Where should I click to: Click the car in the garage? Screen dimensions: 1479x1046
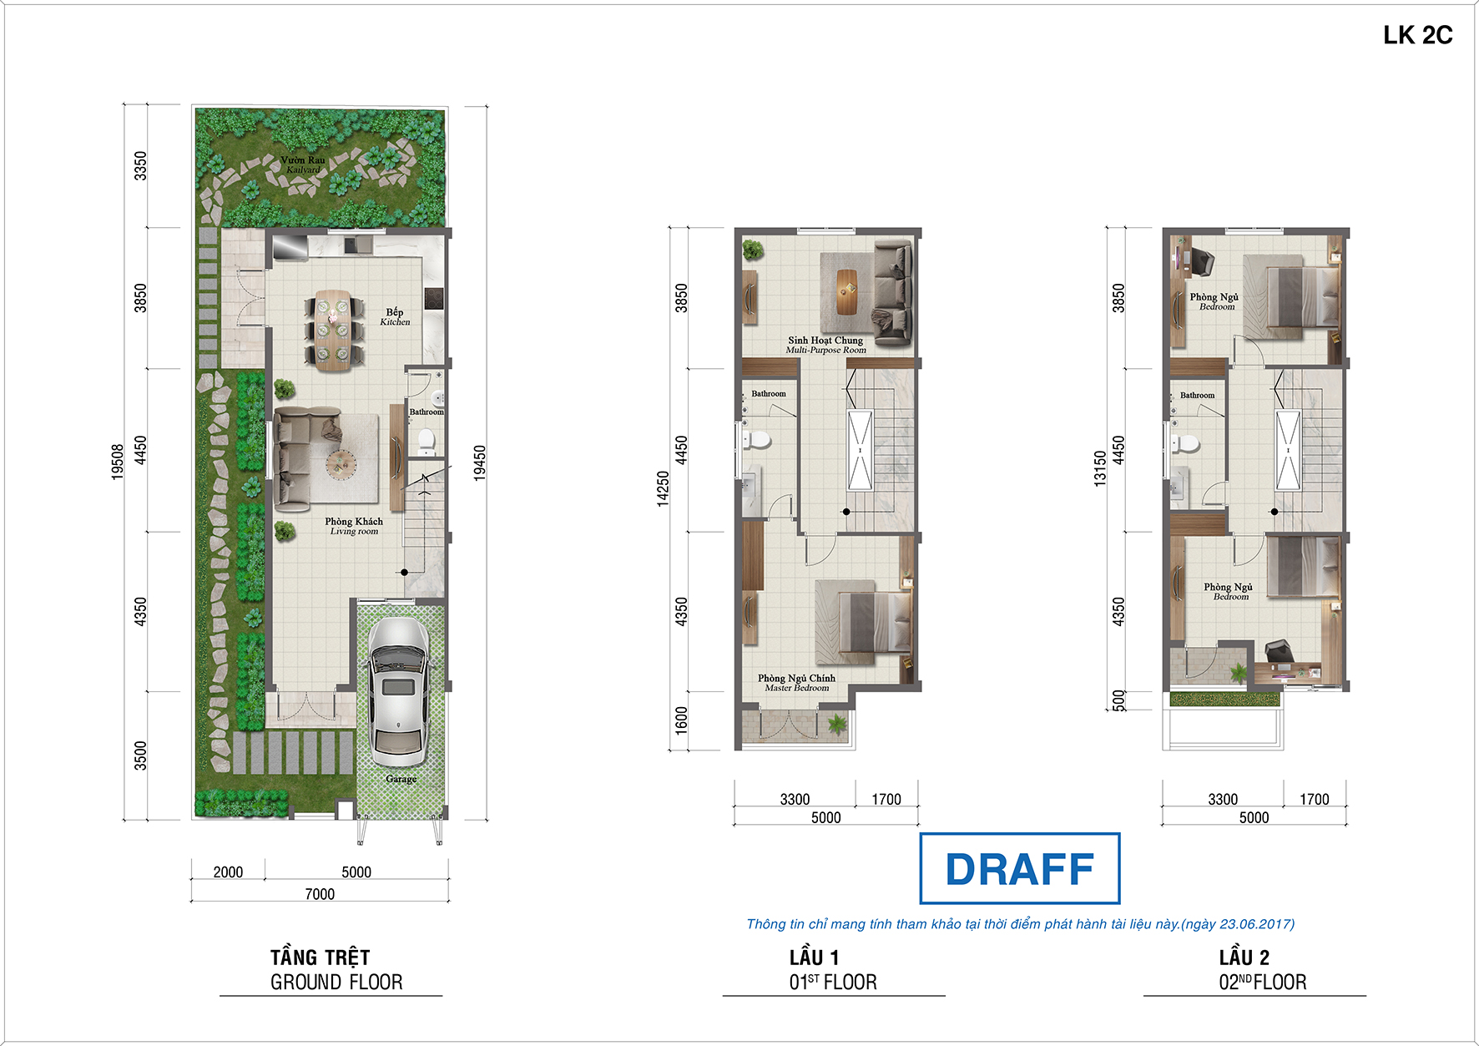[399, 692]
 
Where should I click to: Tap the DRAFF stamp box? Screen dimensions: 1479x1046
[1019, 868]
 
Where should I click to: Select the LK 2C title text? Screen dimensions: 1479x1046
[1417, 35]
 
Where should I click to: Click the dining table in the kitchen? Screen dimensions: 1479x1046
[334, 329]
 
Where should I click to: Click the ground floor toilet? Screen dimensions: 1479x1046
[426, 441]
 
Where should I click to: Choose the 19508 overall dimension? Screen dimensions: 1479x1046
[118, 462]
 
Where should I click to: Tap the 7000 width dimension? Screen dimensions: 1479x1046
[320, 894]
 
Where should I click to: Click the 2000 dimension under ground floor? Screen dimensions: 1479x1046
[228, 872]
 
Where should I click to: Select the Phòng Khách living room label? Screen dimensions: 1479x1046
[354, 526]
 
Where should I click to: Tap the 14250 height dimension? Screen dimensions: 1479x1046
[663, 488]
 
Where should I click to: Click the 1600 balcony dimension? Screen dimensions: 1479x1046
[682, 720]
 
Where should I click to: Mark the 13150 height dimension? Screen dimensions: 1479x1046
[1100, 468]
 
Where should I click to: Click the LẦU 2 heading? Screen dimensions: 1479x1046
[1244, 958]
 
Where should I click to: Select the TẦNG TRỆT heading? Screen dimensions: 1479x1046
[320, 958]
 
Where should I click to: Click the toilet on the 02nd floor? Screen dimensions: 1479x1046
[1186, 442]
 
